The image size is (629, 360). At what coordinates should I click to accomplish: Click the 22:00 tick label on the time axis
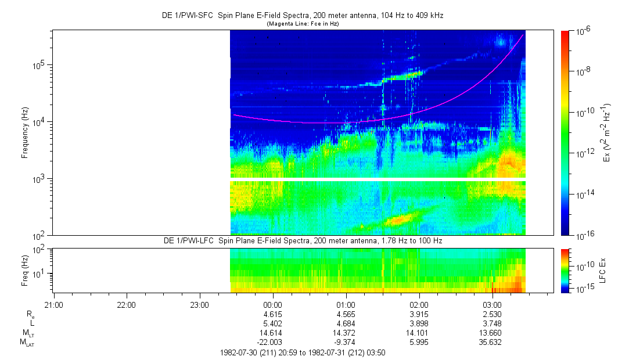(x=126, y=304)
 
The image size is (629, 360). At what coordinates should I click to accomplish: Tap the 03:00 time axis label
(x=492, y=304)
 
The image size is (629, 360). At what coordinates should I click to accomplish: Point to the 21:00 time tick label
(x=53, y=304)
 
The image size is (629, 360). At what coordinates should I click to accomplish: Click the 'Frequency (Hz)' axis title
(x=25, y=132)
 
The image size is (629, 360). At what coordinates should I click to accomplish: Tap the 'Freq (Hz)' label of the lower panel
(x=25, y=270)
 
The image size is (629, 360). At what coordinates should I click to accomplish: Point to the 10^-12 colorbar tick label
(x=583, y=153)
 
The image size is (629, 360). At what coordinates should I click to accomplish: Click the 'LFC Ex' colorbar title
(x=604, y=270)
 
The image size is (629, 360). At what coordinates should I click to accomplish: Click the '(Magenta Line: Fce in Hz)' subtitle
(x=303, y=24)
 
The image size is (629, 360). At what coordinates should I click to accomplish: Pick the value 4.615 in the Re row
(x=273, y=314)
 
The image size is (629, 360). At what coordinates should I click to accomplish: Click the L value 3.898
(x=419, y=323)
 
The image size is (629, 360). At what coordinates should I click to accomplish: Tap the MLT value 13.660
(x=492, y=333)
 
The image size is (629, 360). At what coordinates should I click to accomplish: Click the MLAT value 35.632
(x=492, y=342)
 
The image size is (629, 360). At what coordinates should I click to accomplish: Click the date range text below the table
(x=303, y=352)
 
